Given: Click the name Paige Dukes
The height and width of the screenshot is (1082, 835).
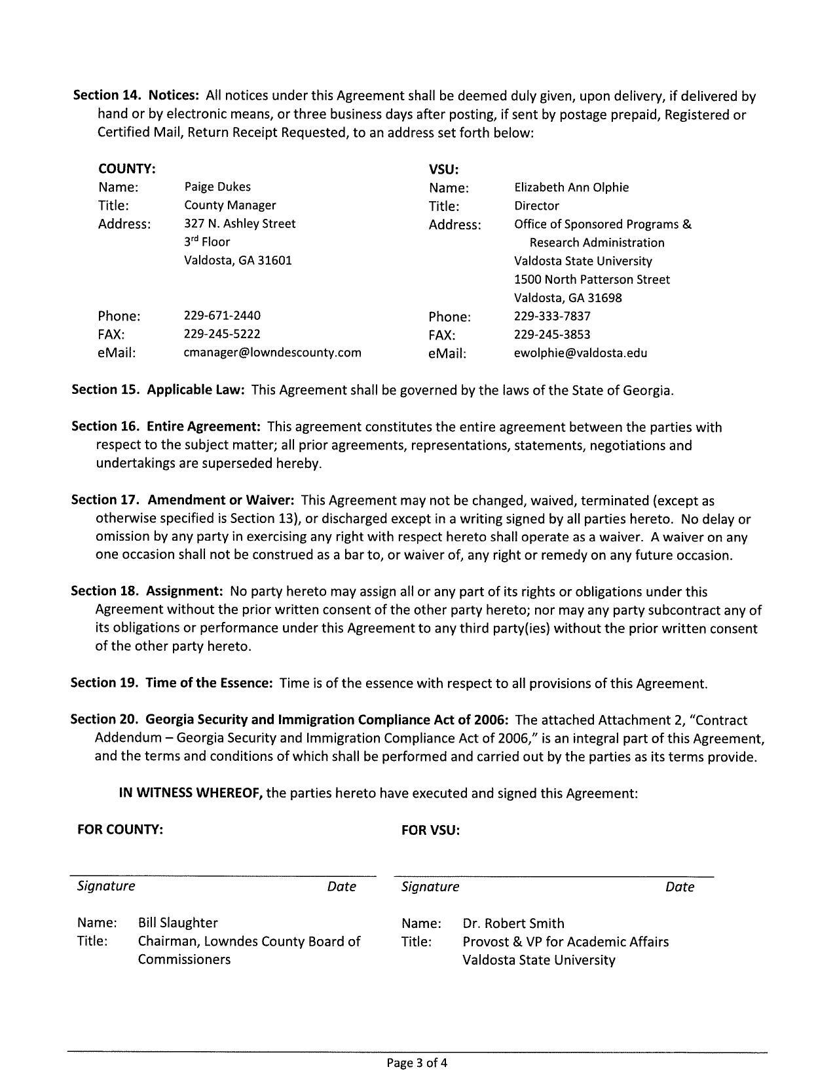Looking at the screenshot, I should pos(217,187).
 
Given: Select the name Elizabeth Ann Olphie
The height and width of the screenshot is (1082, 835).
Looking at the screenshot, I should pos(571,187).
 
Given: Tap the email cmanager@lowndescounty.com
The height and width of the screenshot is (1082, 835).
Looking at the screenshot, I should pos(272,353).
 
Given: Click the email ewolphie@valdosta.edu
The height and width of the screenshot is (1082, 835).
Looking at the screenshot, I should pos(580,353).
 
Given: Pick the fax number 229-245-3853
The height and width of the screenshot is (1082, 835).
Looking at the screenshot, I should pos(552,334).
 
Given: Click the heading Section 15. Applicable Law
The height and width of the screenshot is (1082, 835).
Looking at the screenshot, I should pos(158,390).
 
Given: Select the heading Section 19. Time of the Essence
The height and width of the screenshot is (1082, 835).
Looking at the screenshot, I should pos(171,683).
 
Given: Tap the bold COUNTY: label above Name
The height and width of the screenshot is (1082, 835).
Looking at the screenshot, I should pos(126,168).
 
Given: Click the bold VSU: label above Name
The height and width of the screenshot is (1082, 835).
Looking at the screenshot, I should pos(443,169).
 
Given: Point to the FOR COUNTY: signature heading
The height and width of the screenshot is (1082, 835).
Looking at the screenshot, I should pos(120,830).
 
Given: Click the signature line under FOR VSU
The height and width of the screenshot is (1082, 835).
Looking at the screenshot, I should pos(553,876).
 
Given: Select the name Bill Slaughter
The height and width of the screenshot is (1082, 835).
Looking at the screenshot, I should pos(177,923).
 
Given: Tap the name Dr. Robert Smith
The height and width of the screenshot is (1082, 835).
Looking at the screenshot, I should pos(513,923).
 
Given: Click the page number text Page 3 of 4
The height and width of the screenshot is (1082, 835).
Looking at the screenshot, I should pos(417,1063).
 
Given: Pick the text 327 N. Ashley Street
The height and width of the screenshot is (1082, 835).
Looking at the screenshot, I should pos(240,223).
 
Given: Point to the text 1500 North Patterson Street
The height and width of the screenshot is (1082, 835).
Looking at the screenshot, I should pos(591,279).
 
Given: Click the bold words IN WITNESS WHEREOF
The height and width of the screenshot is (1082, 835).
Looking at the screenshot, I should pos(191,793).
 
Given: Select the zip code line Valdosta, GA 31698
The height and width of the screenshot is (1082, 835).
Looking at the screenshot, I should pos(568,298).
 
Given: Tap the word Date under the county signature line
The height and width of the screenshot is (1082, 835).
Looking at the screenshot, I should pos(341,887).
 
